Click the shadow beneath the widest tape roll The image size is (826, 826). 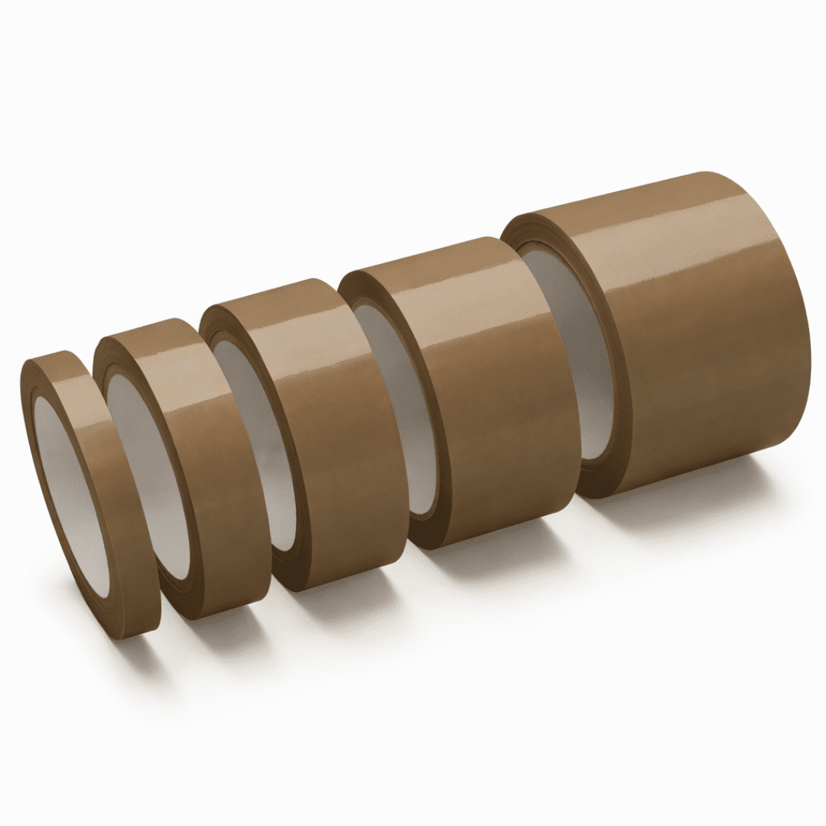tap(688, 497)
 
